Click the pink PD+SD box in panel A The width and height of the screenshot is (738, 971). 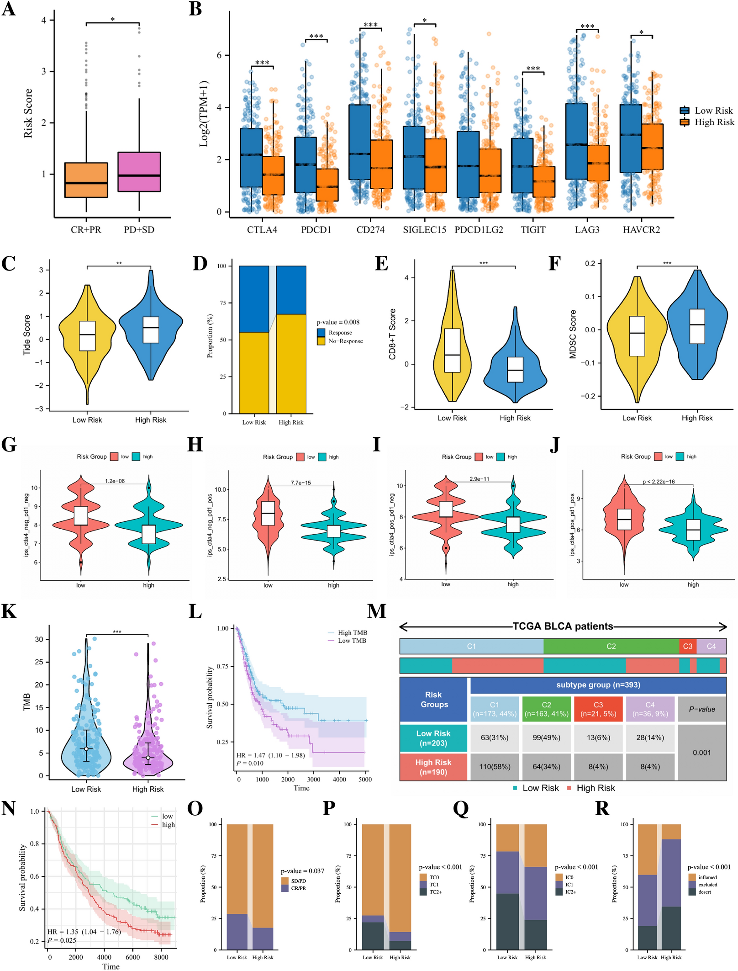click(x=139, y=171)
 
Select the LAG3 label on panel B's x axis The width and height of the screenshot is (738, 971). click(x=587, y=229)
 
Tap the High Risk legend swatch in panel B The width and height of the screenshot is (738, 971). click(x=684, y=122)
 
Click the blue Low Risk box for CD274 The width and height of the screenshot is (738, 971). click(x=359, y=142)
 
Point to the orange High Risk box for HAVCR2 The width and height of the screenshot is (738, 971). click(x=652, y=147)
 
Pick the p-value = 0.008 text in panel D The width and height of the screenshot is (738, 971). click(x=338, y=322)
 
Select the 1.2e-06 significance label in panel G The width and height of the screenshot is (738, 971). click(x=115, y=481)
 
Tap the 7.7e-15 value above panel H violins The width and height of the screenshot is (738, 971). click(x=300, y=483)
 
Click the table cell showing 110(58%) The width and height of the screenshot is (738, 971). click(x=495, y=766)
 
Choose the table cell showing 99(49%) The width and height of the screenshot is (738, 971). click(x=546, y=738)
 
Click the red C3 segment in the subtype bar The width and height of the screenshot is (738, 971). click(x=687, y=646)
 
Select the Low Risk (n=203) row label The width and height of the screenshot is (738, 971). click(x=433, y=738)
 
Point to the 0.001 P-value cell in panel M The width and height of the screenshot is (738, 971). click(x=701, y=752)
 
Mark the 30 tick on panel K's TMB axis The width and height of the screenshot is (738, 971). click(x=39, y=639)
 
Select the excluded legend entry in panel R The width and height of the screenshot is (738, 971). click(x=707, y=885)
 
